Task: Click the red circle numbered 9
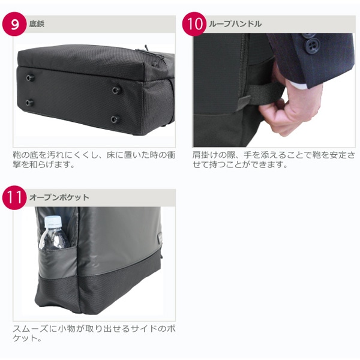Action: [x=14, y=24]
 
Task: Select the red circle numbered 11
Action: [x=14, y=197]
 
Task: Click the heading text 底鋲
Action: [x=37, y=24]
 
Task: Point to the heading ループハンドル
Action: [x=235, y=24]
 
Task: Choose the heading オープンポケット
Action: [x=59, y=197]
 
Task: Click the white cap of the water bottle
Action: [x=53, y=221]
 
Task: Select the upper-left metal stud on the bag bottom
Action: [x=30, y=77]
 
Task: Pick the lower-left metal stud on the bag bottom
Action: [x=29, y=103]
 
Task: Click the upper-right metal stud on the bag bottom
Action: [x=116, y=90]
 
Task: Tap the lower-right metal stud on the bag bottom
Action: [x=115, y=119]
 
